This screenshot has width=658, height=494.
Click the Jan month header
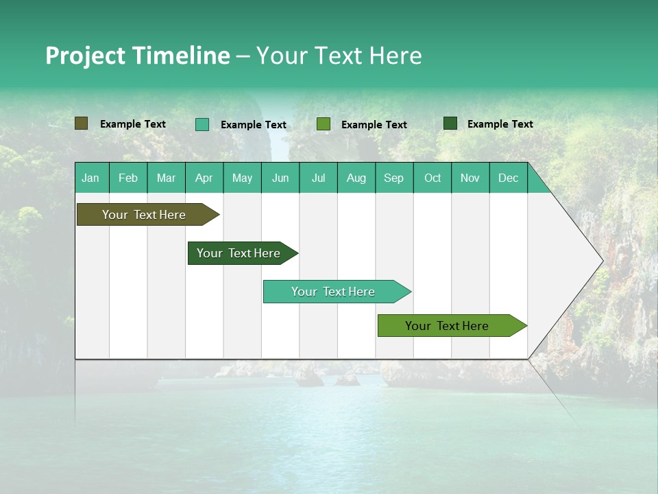[90, 178]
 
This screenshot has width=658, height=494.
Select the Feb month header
[128, 178]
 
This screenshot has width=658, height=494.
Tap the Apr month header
[204, 178]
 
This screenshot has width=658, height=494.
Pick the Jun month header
[280, 178]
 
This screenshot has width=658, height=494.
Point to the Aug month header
[356, 178]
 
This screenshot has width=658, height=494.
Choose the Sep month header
[393, 178]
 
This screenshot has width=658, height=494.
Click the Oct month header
[432, 178]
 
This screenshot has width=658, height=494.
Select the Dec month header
[508, 178]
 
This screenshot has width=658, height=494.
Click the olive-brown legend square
[82, 123]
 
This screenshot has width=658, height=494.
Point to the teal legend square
[202, 124]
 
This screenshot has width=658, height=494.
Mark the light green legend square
[324, 124]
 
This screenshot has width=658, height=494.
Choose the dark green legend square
[450, 123]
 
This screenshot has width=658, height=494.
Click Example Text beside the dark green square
[500, 124]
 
